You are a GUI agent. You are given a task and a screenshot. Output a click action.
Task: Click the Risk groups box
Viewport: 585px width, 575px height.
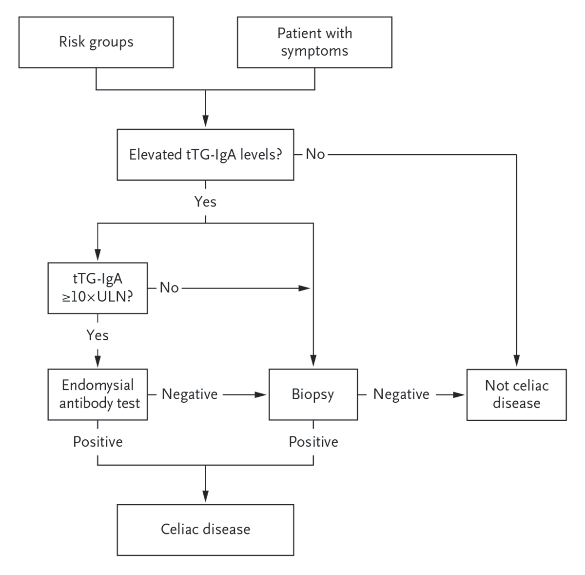[96, 42]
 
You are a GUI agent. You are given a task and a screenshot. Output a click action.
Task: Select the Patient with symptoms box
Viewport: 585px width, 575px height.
[314, 42]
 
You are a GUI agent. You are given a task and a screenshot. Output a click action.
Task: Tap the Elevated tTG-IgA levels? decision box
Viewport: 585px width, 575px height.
[205, 155]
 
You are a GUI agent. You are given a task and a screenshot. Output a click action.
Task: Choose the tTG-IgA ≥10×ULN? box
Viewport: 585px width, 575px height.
[97, 288]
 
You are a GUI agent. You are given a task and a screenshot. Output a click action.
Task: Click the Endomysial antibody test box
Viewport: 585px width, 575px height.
[97, 394]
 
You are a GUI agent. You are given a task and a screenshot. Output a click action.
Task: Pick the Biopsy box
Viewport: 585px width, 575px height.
[313, 394]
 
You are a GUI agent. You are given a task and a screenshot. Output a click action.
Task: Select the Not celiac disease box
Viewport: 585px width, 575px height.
[516, 394]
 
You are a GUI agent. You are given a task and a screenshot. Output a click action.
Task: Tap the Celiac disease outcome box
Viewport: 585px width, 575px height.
[205, 530]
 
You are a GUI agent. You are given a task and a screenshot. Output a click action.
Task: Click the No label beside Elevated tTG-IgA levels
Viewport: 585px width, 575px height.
[315, 154]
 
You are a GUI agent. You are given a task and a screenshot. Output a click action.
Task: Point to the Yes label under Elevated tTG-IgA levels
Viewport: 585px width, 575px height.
[205, 202]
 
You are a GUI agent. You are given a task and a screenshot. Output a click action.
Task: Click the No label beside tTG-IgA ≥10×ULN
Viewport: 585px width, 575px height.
[169, 288]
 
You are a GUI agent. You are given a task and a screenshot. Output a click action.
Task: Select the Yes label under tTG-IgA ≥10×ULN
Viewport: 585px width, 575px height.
[97, 335]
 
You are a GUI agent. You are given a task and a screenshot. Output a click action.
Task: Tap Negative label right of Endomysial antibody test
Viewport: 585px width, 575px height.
[190, 394]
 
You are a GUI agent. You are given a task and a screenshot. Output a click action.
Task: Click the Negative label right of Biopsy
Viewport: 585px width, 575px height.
[401, 394]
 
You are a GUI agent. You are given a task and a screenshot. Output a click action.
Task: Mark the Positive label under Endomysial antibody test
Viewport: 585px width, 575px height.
[97, 442]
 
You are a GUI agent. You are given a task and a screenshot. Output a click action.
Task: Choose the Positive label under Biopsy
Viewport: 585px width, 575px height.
[313, 442]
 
